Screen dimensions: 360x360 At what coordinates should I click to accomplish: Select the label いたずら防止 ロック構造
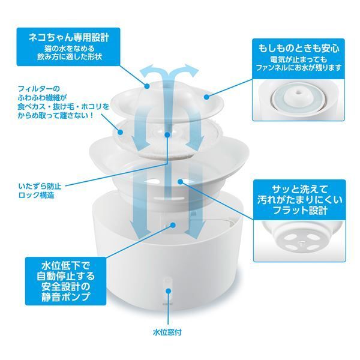[x=40, y=191]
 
